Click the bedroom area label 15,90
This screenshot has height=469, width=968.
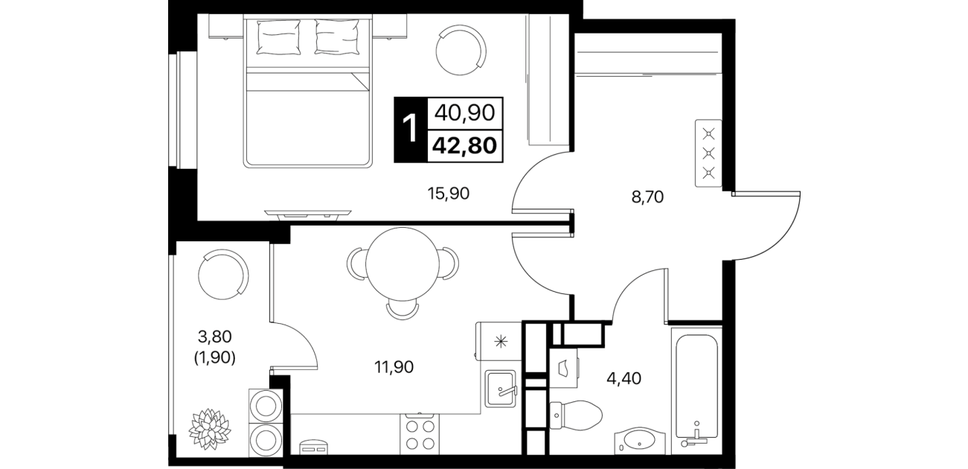coord(448,194)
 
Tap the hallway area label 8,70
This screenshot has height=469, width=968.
coord(647,197)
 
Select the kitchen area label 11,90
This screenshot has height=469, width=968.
coord(394,367)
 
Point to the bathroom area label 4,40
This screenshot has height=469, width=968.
coord(624,379)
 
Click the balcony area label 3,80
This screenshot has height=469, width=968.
coord(215,336)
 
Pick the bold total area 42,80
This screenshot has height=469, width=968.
coord(464,146)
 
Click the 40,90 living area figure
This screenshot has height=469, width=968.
coord(464,113)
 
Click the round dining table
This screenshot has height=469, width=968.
coord(403,264)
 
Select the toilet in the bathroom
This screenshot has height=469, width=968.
coord(576,415)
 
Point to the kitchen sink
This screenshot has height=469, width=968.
coord(501,388)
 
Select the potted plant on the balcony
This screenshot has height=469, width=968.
coord(210,429)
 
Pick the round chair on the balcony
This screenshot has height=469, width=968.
coord(223,274)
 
